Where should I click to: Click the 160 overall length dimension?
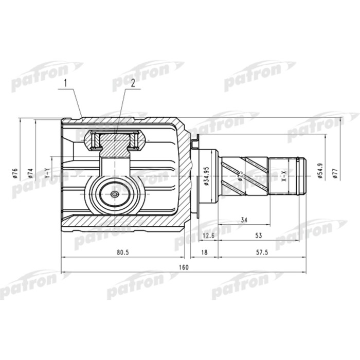(184, 267)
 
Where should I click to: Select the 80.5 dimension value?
(122, 252)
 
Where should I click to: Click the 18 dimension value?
(204, 252)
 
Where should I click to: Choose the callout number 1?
(66, 83)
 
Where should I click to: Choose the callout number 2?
(132, 83)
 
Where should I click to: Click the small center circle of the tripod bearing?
(114, 195)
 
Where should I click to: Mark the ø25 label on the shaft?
(240, 174)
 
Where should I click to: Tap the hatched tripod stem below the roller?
(114, 149)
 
